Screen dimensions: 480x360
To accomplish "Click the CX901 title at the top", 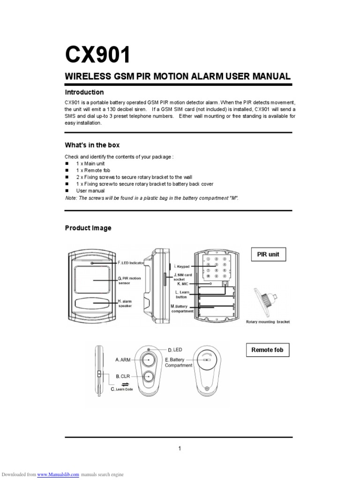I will [x=97, y=56].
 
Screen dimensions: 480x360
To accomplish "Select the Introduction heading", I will [x=84, y=92].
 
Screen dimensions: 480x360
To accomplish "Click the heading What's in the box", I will [x=92, y=145].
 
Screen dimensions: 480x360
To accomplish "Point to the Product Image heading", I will [x=88, y=228].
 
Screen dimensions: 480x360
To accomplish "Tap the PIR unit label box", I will [x=268, y=255].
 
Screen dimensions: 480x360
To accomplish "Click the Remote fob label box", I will [x=267, y=350].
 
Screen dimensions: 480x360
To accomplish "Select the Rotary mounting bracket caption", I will [x=268, y=322].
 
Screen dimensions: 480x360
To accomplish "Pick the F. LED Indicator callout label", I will [x=131, y=263].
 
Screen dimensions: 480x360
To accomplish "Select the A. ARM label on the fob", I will [x=122, y=360].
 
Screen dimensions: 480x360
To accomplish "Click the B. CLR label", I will [x=122, y=376].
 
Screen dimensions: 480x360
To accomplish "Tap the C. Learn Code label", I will [x=121, y=389].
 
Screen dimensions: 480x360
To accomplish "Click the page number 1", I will [x=180, y=449].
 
